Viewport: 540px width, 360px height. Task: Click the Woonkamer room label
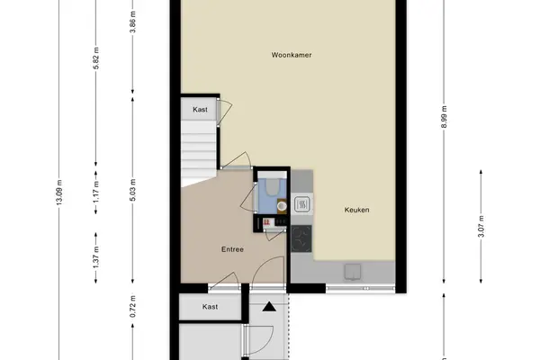(292, 55)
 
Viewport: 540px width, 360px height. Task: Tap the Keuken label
(356, 210)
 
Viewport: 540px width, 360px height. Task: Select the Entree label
(232, 249)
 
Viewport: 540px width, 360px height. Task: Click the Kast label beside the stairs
(200, 110)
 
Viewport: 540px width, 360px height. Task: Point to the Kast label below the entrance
(210, 307)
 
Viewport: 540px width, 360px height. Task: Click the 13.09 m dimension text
(59, 193)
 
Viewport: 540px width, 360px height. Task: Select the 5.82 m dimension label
(96, 58)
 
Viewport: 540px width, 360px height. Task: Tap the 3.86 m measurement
(133, 22)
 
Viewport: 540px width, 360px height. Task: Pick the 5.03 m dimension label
(133, 190)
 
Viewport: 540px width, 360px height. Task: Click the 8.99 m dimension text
(444, 117)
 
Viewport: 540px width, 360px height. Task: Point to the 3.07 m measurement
(481, 226)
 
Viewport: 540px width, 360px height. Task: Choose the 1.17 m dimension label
(96, 192)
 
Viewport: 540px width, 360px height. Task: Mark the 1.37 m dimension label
(96, 257)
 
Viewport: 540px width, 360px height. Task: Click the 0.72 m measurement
(133, 307)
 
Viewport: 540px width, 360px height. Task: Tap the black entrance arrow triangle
(269, 306)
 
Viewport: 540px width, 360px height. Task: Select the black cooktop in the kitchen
(301, 238)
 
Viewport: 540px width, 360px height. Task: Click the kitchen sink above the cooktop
(302, 204)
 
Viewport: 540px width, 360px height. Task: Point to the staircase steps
(199, 151)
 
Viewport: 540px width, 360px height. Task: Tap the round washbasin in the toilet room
(282, 206)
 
